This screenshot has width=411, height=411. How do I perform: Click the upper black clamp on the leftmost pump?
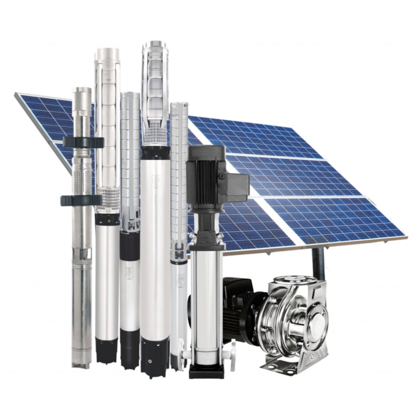pyautogui.click(x=82, y=142)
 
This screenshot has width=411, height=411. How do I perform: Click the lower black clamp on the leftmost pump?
pyautogui.click(x=81, y=200)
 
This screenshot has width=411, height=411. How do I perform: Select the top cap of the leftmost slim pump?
pyautogui.click(x=82, y=91)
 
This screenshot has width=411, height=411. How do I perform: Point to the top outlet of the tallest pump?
pyautogui.click(x=155, y=46)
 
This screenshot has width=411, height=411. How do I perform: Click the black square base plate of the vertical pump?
pyautogui.click(x=206, y=370)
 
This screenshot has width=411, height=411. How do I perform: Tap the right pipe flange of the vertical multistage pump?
pyautogui.click(x=233, y=350)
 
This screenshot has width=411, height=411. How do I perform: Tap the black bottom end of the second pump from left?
pyautogui.click(x=107, y=349)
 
